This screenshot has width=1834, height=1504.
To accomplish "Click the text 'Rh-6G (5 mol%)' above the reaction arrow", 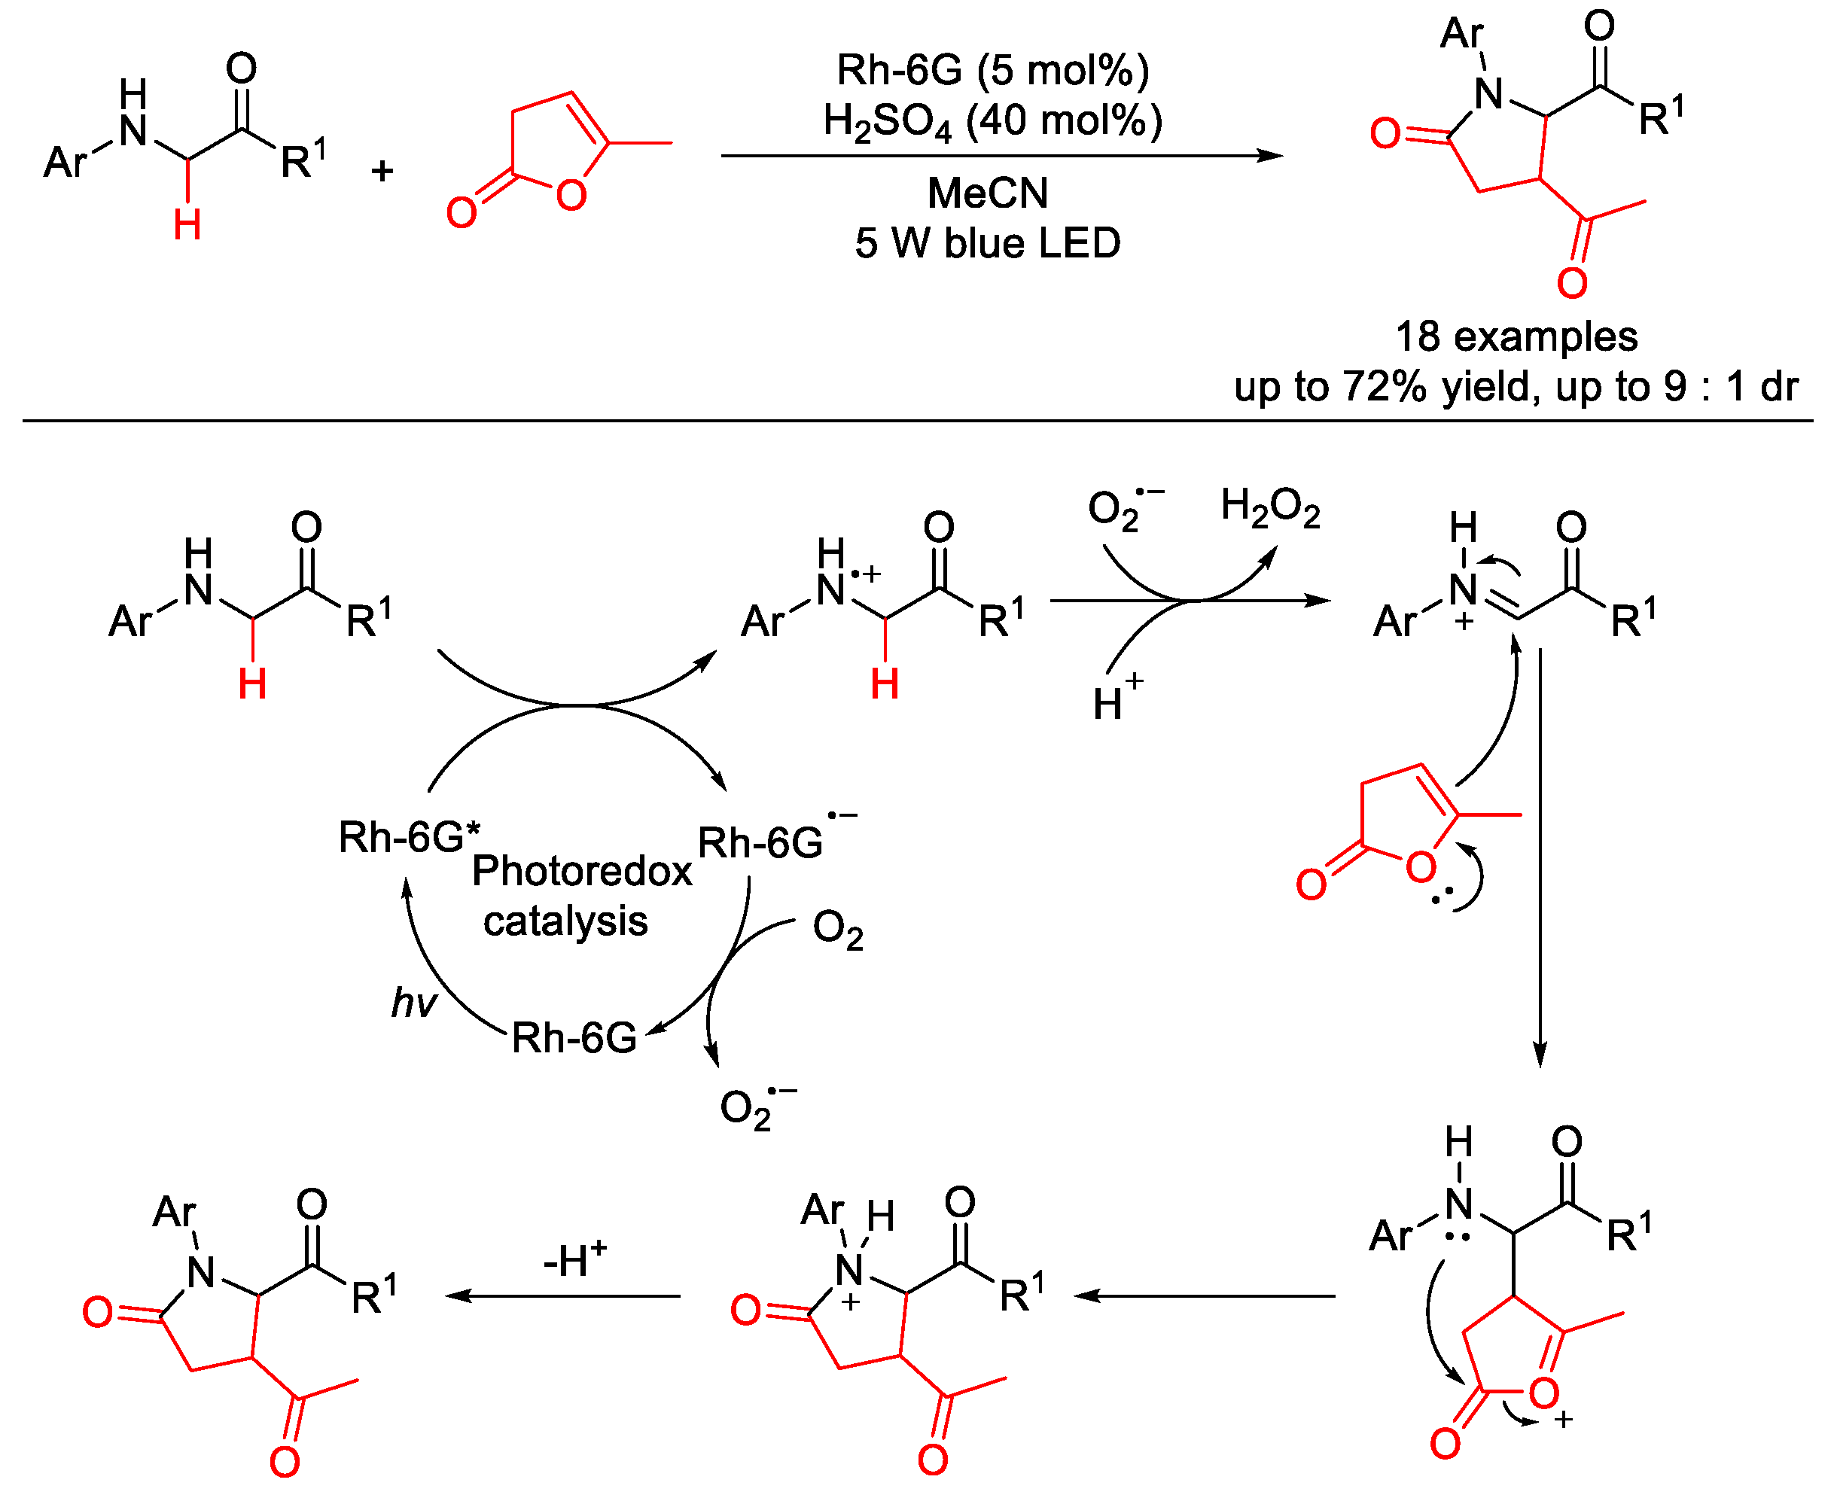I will click(992, 69).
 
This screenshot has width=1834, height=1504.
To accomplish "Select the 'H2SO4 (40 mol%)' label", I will click(992, 121).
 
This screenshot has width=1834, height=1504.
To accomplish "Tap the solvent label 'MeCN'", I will click(988, 193).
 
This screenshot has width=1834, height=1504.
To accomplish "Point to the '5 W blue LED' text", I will click(988, 243).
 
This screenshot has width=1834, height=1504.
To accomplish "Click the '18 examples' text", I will click(1516, 336).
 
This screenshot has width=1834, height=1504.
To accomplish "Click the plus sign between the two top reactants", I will click(382, 171).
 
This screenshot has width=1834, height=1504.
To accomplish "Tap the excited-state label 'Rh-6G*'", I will click(408, 837).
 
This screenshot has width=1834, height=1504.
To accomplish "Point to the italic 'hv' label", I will click(413, 1003).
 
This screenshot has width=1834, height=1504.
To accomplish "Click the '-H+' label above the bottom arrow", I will click(574, 1259).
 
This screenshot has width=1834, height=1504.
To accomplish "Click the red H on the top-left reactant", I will click(187, 225).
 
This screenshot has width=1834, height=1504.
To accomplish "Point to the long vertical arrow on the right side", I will click(1540, 857).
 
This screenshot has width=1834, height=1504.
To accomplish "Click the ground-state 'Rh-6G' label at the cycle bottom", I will click(574, 1038).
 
